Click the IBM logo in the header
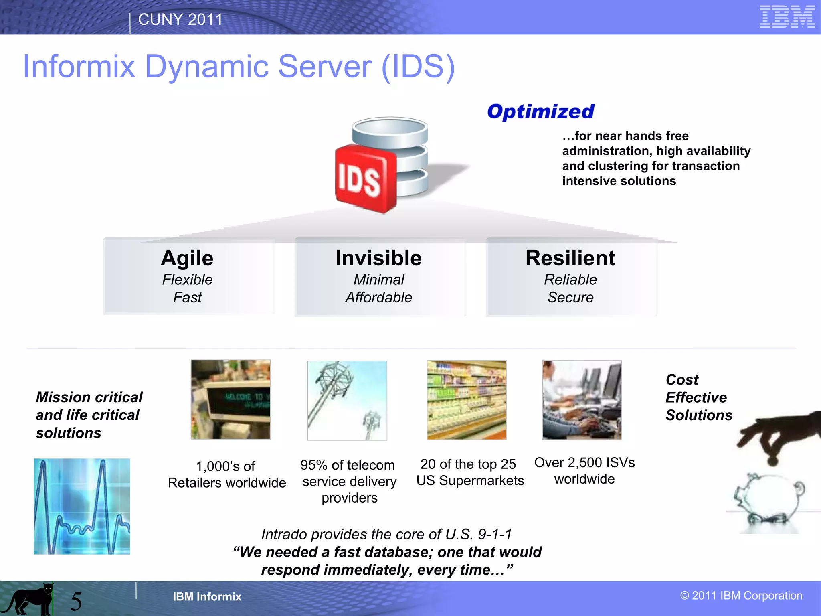click(x=787, y=17)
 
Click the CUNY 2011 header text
click(x=180, y=20)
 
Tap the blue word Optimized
click(x=541, y=111)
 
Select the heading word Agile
click(x=187, y=258)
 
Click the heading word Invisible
click(x=378, y=258)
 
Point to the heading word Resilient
click(x=570, y=258)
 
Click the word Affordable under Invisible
click(x=378, y=297)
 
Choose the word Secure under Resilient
click(x=570, y=297)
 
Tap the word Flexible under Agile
click(x=187, y=280)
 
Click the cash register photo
click(x=231, y=399)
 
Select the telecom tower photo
click(x=347, y=400)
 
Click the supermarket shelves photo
click(x=466, y=400)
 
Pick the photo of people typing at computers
click(x=582, y=400)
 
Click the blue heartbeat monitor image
click(x=82, y=506)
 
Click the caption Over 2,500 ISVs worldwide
click(x=584, y=471)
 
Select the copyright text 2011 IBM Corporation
click(x=741, y=596)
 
